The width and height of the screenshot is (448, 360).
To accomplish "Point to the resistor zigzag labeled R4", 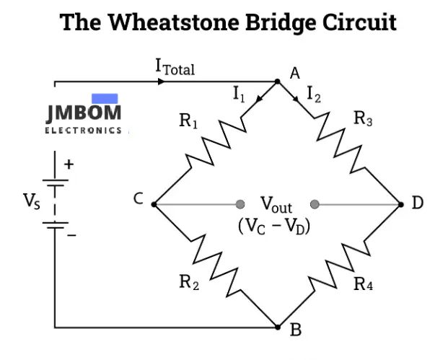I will pos(341,265).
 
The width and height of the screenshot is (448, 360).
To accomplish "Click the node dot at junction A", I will pos(278,82).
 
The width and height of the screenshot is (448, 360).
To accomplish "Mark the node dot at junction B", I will pos(278,328).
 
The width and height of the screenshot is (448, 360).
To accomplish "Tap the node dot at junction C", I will pos(154,204).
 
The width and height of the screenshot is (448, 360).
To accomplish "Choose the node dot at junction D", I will pos(402,204).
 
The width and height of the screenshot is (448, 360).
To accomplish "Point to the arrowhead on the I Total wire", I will pos(161,82).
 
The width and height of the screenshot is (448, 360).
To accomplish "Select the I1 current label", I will pos(240,95).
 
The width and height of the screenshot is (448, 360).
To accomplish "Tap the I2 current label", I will pos(315,93).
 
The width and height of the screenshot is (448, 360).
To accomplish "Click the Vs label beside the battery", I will pos(32,200).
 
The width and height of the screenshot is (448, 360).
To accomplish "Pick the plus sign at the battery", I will pos(69,164).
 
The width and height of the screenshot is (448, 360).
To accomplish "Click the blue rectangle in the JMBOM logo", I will pos(105,98).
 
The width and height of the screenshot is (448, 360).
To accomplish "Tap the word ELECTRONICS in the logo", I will pos(83,131).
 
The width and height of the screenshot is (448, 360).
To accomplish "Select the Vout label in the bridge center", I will pos(276,206).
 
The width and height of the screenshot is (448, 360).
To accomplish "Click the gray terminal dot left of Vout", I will pos(241,204).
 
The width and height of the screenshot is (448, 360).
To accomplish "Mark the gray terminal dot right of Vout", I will pos(315,204).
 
